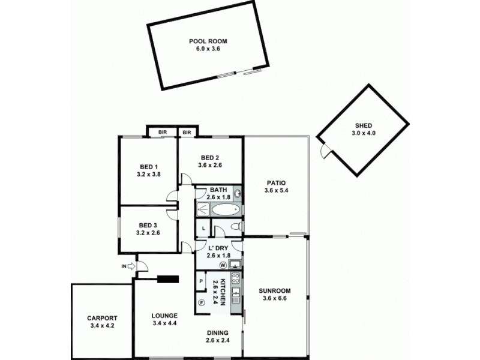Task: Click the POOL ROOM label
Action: point(208,41)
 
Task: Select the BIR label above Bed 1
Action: point(162,132)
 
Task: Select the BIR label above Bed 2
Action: point(187,132)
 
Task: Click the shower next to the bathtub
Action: point(203,209)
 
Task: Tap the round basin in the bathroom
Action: point(237,193)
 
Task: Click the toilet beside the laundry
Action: point(237,226)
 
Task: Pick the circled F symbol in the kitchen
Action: point(202,302)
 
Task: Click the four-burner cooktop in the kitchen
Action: point(236,278)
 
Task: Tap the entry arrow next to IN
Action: point(132,265)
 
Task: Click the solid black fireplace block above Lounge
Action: point(168,278)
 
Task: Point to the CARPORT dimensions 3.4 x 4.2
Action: point(101,326)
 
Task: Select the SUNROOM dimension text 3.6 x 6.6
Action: point(277,298)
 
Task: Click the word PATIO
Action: point(277,184)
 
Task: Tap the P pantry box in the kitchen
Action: point(201,281)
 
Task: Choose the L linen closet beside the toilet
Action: point(203,229)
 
